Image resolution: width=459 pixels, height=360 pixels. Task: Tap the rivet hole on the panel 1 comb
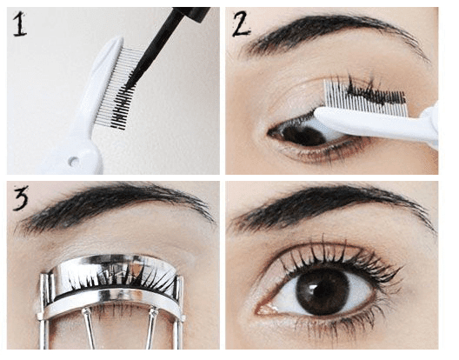pos(75,160)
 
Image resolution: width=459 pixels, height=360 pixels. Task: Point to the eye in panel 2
pos(300,132)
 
